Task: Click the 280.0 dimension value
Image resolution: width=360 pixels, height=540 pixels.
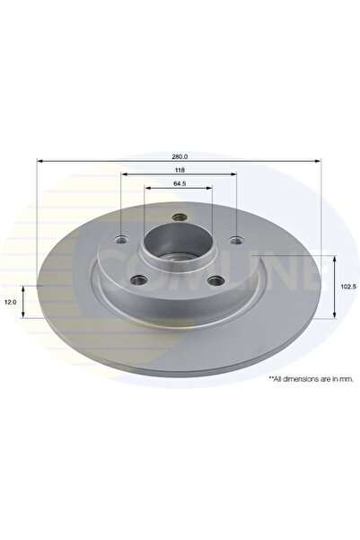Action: click(x=180, y=155)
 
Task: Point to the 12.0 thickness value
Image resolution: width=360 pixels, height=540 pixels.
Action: click(x=11, y=303)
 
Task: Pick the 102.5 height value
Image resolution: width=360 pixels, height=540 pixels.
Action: click(x=347, y=287)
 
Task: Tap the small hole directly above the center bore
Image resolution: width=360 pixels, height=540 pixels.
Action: click(x=178, y=216)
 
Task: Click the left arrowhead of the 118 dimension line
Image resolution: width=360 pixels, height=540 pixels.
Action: click(x=123, y=174)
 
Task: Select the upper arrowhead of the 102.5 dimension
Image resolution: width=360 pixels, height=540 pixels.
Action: click(x=335, y=258)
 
